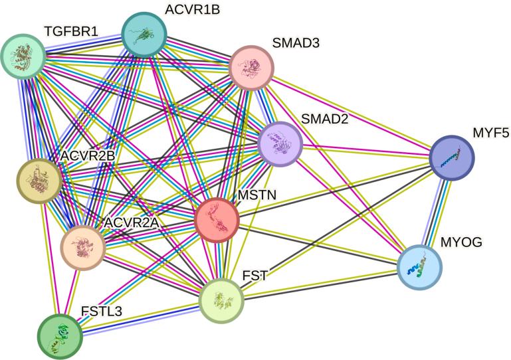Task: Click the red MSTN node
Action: tap(217, 219)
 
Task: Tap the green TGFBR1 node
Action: tap(23, 56)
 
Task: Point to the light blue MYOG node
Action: tap(419, 268)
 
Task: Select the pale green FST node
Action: tap(222, 301)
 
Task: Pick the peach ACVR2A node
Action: tap(83, 247)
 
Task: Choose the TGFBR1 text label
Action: tap(72, 31)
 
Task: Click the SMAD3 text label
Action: tap(296, 44)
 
